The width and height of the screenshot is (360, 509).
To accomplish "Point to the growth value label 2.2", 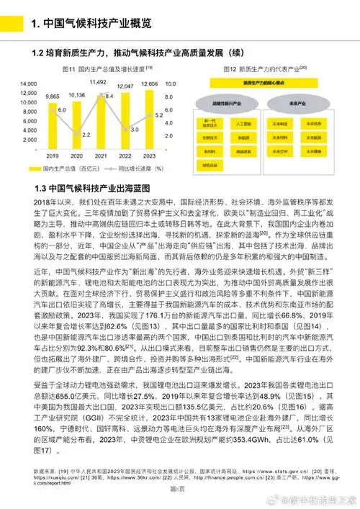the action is pos(66,135).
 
